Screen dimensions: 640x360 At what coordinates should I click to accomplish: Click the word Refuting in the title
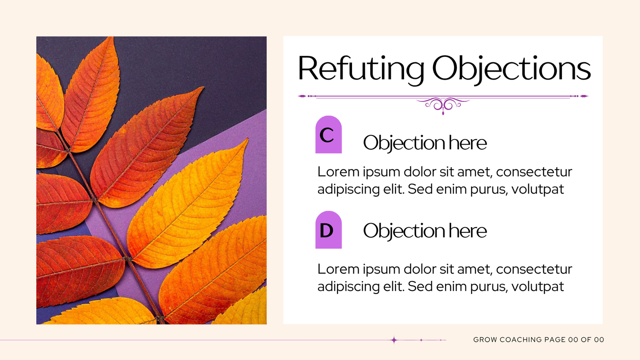pyautogui.click(x=361, y=70)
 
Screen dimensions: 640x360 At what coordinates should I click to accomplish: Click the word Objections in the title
pyautogui.click(x=512, y=70)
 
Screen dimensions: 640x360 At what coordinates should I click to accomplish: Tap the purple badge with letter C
pyautogui.click(x=329, y=134)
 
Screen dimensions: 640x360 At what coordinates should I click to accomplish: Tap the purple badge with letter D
pyautogui.click(x=329, y=230)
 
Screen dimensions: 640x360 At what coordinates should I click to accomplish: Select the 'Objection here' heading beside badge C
pyautogui.click(x=425, y=143)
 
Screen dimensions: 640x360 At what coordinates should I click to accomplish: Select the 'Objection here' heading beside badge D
pyautogui.click(x=425, y=231)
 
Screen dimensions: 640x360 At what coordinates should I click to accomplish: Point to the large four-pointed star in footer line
pyautogui.click(x=394, y=340)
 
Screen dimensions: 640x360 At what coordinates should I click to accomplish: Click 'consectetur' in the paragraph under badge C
pyautogui.click(x=534, y=172)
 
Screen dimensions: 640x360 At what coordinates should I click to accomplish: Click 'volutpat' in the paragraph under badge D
pyautogui.click(x=538, y=286)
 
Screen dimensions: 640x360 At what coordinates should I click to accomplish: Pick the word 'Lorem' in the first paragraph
pyautogui.click(x=338, y=172)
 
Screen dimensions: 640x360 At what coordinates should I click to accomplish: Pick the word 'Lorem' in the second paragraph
pyautogui.click(x=338, y=269)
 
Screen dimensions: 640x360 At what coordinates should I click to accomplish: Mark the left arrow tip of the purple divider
pyautogui.click(x=298, y=96)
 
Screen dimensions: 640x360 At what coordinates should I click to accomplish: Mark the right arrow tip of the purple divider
pyautogui.click(x=588, y=96)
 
